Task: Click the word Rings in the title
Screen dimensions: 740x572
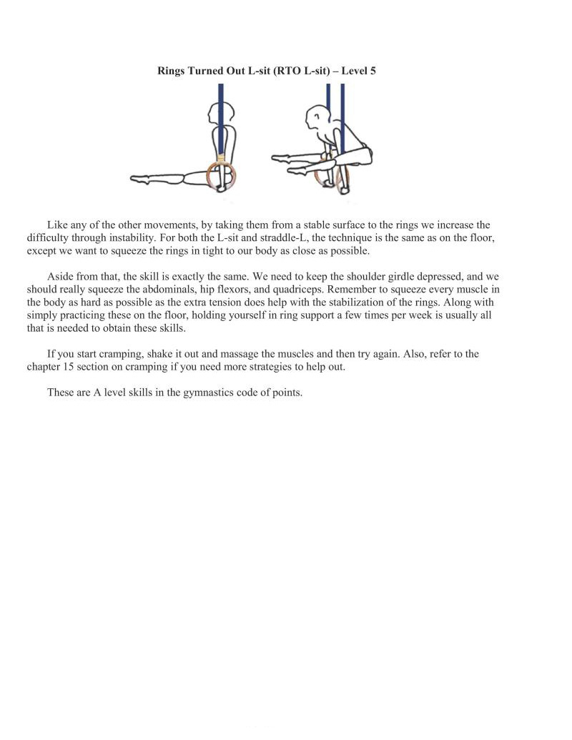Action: click(172, 71)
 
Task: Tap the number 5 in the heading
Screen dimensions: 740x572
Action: click(373, 71)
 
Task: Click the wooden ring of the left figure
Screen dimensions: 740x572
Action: click(221, 174)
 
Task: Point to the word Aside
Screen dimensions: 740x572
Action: click(61, 276)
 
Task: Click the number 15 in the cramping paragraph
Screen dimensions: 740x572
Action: click(70, 367)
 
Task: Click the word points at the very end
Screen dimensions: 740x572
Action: click(285, 393)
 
